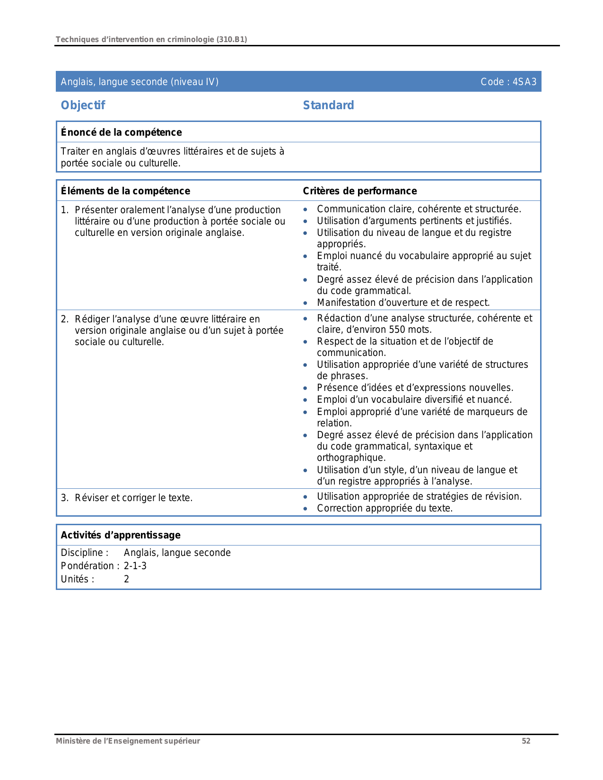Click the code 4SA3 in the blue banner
[524, 82]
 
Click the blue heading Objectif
[83, 105]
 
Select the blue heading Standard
[328, 105]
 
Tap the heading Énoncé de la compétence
[121, 132]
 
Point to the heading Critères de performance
[359, 191]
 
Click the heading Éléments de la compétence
[125, 191]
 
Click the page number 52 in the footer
[526, 741]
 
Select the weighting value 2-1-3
[135, 566]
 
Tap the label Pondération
[87, 566]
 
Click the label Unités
[78, 579]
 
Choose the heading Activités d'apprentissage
[121, 535]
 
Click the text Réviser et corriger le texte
[133, 498]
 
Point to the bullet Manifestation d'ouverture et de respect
[403, 303]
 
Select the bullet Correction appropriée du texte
[385, 508]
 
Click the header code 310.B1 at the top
[231, 40]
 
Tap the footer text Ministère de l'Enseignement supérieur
[128, 741]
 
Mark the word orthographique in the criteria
[351, 458]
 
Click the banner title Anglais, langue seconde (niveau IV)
[140, 82]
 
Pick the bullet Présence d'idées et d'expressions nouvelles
[415, 388]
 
